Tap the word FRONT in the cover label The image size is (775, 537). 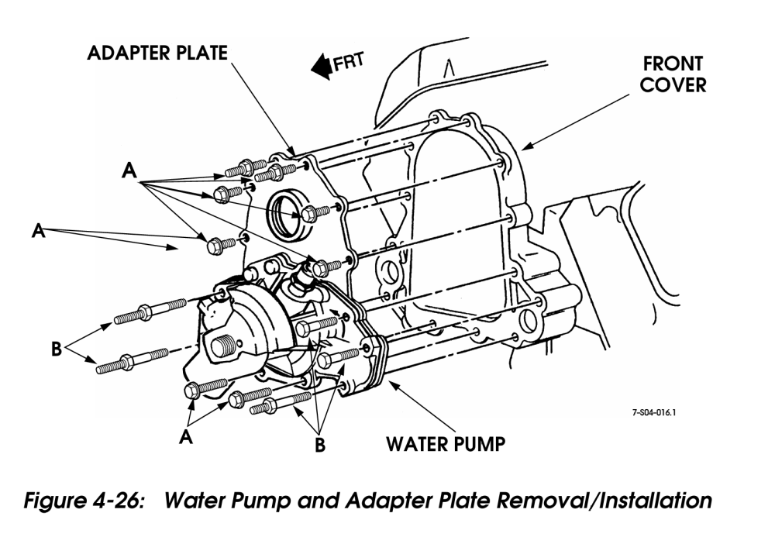point(671,63)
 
